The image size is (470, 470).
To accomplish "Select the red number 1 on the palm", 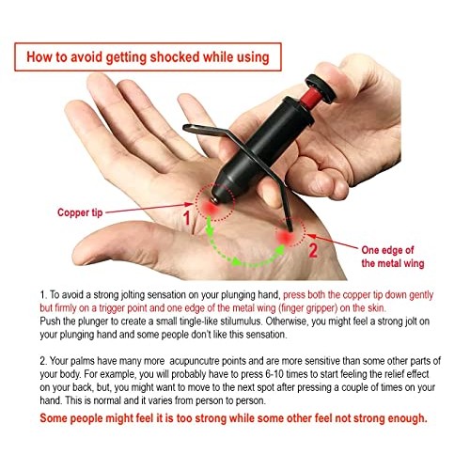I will click(186, 219).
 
